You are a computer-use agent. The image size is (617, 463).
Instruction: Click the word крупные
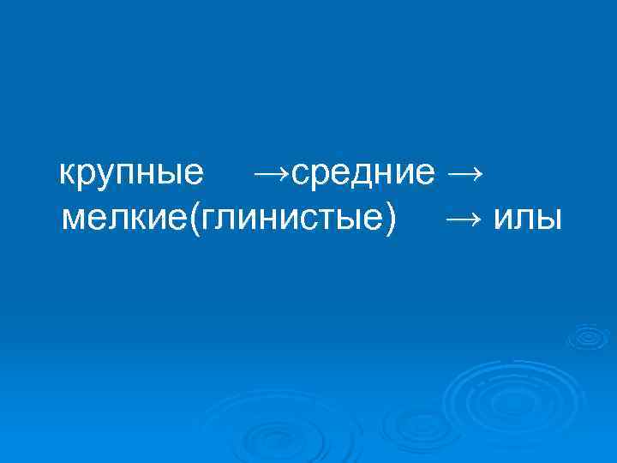pos(131,174)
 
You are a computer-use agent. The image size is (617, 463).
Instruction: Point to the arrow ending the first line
pos(464,174)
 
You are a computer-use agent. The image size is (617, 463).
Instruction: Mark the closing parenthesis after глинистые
pos(391,219)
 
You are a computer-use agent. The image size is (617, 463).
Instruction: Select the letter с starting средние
pos(299,176)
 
